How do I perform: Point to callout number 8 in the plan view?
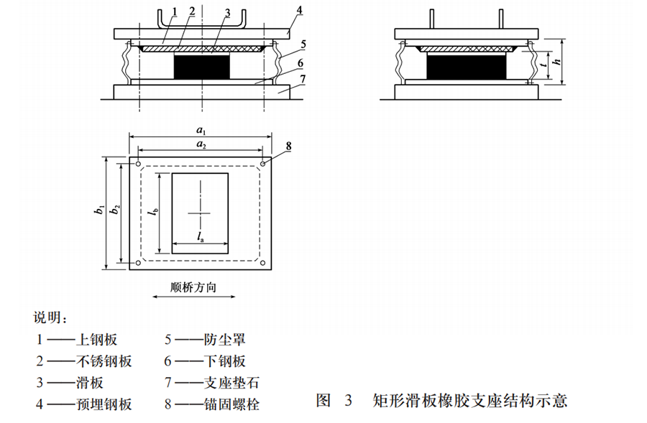pyautogui.click(x=288, y=147)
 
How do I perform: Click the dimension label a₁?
pyautogui.click(x=201, y=130)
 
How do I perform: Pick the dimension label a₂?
pyautogui.click(x=201, y=144)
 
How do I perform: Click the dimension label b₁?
pyautogui.click(x=100, y=211)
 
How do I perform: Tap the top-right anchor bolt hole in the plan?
pyautogui.click(x=265, y=164)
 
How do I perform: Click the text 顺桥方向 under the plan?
pyautogui.click(x=194, y=287)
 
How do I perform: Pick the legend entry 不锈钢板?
pyautogui.click(x=104, y=361)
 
